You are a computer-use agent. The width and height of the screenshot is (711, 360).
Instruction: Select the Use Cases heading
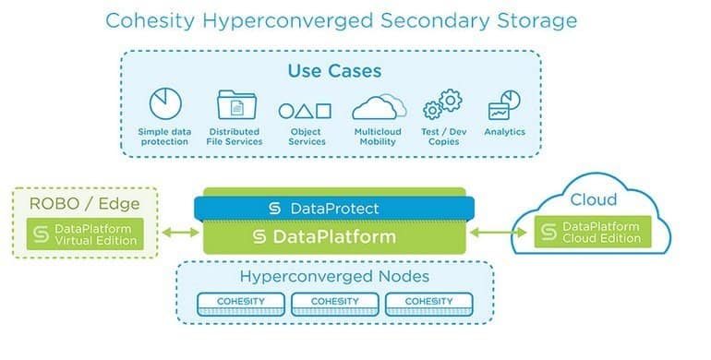click(334, 70)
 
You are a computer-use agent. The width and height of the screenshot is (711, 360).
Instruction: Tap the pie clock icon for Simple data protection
click(165, 104)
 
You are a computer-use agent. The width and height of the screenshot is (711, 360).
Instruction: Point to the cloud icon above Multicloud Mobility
click(380, 107)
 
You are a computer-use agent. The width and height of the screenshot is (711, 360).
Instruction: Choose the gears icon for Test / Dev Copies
click(442, 105)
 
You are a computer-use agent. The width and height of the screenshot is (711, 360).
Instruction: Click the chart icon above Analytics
click(504, 105)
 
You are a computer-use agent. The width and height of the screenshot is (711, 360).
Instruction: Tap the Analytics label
click(504, 132)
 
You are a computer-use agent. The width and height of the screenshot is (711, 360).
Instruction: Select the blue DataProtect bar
click(333, 209)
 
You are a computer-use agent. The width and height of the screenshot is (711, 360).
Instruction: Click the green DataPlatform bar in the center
click(333, 236)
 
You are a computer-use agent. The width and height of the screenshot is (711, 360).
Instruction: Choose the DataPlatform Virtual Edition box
click(85, 234)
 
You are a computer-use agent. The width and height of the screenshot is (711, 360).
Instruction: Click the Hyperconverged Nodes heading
click(333, 276)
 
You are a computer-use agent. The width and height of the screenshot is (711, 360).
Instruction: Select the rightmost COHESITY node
click(428, 302)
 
